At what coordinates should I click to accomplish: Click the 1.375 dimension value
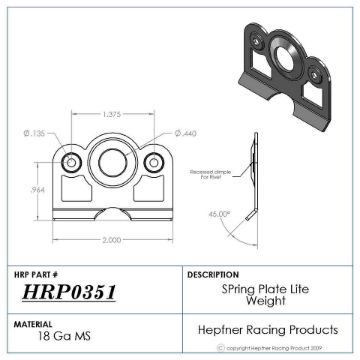click(112, 115)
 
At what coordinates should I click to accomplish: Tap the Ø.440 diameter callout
click(186, 133)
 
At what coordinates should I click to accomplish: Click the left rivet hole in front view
click(71, 162)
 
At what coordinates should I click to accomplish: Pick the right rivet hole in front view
click(153, 162)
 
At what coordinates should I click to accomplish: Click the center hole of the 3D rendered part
click(286, 56)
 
